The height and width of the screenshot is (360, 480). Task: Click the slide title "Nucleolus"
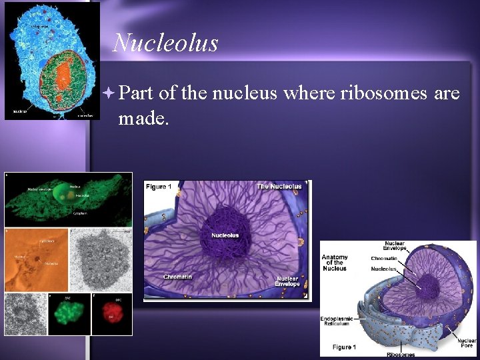[165, 43]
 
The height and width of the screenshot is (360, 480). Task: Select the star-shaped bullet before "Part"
[110, 93]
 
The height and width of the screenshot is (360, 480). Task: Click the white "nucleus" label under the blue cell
[19, 111]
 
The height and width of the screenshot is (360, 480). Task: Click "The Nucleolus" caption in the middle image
[279, 187]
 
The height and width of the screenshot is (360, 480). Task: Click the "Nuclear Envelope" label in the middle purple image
[287, 281]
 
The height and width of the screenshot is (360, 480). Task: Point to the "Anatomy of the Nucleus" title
[334, 262]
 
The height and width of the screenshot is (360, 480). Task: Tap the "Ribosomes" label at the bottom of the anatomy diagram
[400, 354]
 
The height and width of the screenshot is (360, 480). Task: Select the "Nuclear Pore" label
[467, 342]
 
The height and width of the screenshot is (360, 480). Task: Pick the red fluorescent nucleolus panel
[109, 313]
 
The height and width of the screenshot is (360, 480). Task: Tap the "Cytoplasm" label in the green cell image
[80, 214]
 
